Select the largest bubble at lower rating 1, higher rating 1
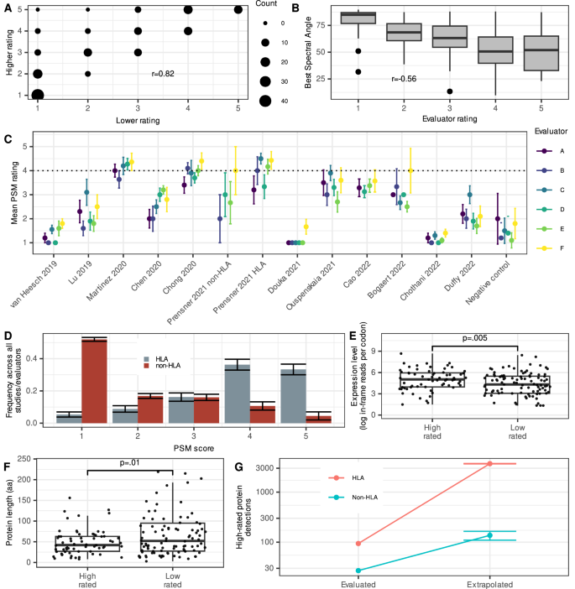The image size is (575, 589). [38, 95]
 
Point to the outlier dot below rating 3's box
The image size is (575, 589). [450, 91]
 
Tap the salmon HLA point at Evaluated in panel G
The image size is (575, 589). [358, 544]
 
